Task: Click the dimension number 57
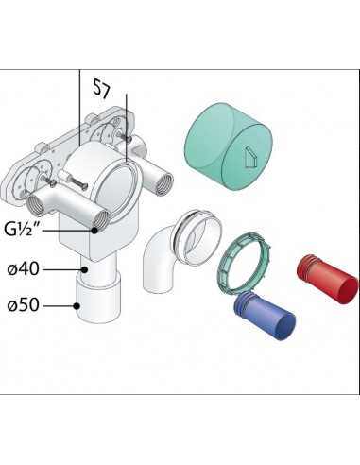coord(102,89)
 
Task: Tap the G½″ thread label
coord(24,229)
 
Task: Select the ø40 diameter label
coord(23,269)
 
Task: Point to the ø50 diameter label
coord(23,305)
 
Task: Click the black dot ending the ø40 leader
coord(84,269)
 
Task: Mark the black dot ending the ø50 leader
coord(77,305)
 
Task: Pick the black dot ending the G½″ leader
coord(94,231)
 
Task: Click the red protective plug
coord(328,280)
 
